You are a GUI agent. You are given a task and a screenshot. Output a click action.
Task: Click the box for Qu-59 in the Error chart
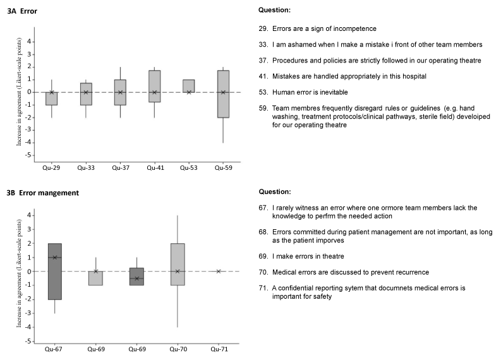223,94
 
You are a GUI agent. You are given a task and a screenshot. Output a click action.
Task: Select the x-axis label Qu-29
51,168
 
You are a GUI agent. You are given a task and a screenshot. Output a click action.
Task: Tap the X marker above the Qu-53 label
189,92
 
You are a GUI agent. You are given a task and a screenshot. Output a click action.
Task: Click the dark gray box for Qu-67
54,272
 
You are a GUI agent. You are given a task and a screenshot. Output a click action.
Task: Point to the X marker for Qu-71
219,272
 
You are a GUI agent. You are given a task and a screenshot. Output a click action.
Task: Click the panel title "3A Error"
22,11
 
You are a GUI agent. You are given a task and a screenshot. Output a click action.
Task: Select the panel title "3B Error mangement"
43,193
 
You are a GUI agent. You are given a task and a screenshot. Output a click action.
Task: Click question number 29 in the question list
263,29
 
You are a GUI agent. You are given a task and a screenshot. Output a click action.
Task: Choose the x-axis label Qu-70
178,349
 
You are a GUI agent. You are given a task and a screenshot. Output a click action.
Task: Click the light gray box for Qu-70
178,265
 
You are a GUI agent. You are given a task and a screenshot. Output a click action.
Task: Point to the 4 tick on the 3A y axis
29,42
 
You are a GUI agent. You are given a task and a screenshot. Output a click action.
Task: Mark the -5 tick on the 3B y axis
28,341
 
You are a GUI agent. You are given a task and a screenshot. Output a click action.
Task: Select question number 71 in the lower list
263,288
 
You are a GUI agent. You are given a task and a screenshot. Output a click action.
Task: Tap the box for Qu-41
155,87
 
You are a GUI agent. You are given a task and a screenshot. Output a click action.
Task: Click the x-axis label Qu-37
121,168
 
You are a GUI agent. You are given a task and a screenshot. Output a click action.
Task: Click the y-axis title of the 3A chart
19,92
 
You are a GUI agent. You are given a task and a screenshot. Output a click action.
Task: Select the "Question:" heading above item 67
275,191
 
